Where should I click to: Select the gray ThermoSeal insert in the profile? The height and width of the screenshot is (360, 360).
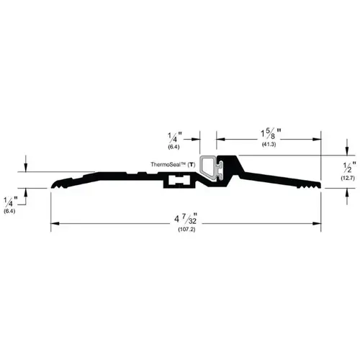coord(212,167)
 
